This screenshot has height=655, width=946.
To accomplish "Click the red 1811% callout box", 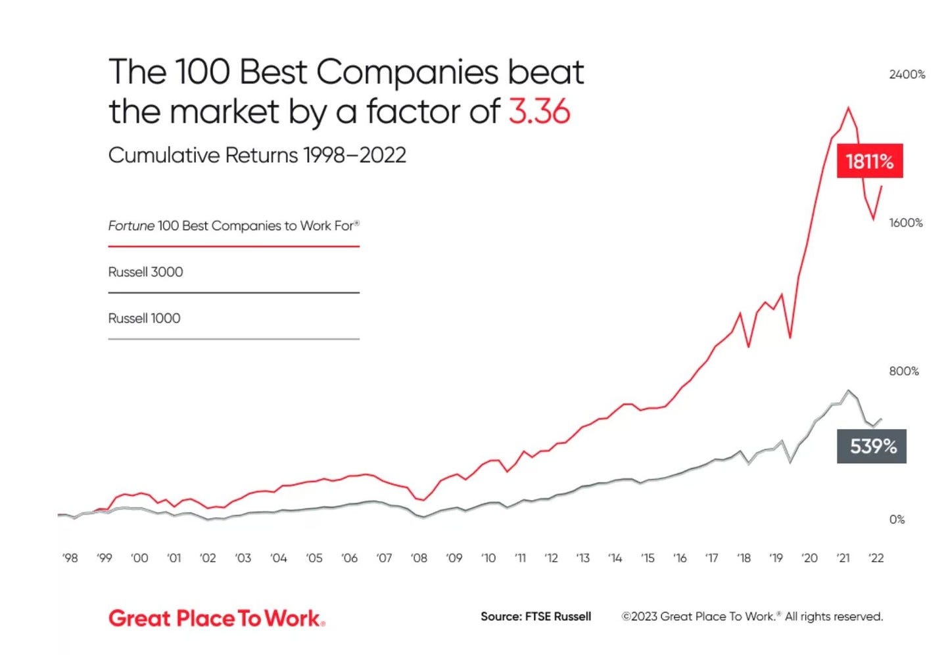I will click(x=869, y=161).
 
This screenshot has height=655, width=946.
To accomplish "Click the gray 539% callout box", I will click(x=872, y=447).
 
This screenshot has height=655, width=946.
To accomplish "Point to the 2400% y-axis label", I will click(x=907, y=75).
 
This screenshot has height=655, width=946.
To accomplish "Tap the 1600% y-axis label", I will click(x=905, y=223).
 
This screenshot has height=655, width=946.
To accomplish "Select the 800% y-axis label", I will click(x=903, y=372).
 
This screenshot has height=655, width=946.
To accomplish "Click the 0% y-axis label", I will click(x=897, y=520).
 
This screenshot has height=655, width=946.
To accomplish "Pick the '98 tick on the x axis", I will click(x=70, y=558).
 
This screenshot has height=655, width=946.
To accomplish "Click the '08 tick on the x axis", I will click(x=419, y=558).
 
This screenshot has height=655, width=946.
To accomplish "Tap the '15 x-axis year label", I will click(x=648, y=558).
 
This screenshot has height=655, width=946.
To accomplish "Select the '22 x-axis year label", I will click(x=876, y=558).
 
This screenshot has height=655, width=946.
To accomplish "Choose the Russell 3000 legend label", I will click(x=145, y=272).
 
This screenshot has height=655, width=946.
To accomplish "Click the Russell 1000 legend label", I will click(x=144, y=319).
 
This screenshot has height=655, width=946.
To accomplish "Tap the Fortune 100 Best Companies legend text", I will click(x=233, y=226).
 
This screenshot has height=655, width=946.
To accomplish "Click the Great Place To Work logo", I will click(x=216, y=618).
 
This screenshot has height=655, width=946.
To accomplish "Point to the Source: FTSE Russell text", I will click(x=536, y=617).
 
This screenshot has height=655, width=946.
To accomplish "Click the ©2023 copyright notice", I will click(x=752, y=617).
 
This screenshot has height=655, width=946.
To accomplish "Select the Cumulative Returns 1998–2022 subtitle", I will click(x=257, y=156).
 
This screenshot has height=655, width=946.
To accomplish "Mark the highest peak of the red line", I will click(x=848, y=108).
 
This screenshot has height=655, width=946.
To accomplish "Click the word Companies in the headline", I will click(x=408, y=72).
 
